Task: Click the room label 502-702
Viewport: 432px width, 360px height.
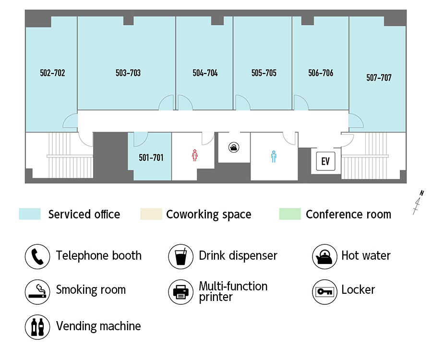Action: coord(52,73)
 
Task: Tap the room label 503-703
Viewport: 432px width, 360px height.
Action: coord(128,73)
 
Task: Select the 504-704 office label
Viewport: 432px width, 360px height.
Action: coord(205,73)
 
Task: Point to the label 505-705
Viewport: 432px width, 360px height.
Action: coord(264,73)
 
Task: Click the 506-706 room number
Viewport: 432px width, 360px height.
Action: coord(321,73)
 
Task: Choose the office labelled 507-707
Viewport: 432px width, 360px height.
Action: coord(379,78)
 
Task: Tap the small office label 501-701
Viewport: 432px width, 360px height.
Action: coord(151,157)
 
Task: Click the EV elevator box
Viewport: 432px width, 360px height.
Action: coord(325,161)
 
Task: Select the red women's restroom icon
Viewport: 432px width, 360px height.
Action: coord(195,156)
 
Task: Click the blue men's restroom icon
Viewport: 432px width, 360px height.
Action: coord(274,156)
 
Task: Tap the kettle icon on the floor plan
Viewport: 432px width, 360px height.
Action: coord(234,147)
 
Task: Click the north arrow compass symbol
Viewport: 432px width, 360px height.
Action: coord(418,203)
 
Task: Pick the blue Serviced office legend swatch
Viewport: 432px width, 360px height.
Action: coord(30,214)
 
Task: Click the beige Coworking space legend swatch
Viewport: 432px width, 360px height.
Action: coord(151,214)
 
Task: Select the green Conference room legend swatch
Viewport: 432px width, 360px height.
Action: coord(290,214)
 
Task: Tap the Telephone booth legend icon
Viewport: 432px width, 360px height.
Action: coord(37,256)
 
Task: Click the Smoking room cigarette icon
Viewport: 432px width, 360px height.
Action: coord(37,292)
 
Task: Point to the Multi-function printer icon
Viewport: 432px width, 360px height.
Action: coord(181,292)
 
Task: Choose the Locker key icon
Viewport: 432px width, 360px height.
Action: coord(324,292)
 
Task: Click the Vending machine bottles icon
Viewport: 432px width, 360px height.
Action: coord(37,327)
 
